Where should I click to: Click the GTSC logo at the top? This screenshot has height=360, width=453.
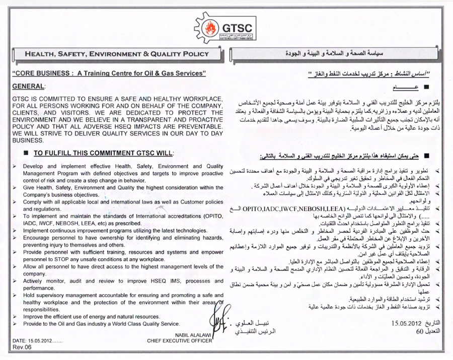click(225, 25)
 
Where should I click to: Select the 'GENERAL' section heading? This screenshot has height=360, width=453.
click(28, 87)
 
